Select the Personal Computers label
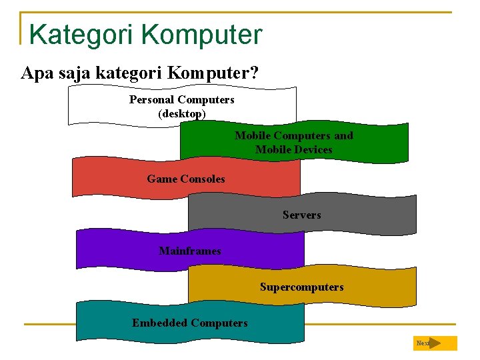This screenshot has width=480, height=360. point(182,99)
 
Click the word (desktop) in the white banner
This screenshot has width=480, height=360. point(182,113)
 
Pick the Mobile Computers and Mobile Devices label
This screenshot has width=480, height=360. point(293,142)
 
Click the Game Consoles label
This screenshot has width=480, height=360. point(186,179)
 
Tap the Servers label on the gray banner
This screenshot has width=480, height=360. point(301,215)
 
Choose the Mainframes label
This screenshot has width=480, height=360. point(190,251)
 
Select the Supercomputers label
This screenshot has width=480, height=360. point(301,287)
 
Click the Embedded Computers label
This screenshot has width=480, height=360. point(190,323)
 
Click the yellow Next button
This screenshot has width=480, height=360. point(435,343)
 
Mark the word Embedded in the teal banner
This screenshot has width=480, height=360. point(159,323)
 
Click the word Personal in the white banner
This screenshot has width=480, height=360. point(151,99)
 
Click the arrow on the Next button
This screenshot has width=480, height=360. point(435,343)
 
